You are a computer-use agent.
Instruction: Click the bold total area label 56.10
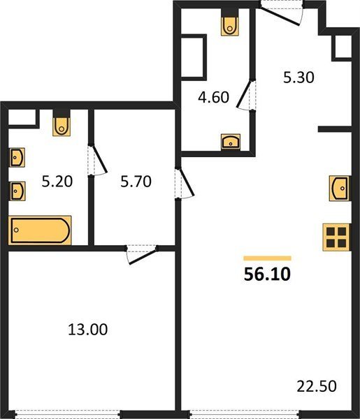(x=267, y=274)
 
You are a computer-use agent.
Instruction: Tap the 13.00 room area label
(x=87, y=329)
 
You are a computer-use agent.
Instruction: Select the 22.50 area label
(x=317, y=386)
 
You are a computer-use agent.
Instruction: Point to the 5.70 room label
(x=136, y=181)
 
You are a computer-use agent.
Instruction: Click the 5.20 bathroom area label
(x=57, y=181)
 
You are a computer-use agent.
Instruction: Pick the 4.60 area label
(x=213, y=97)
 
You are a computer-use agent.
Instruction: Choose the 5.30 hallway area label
(x=298, y=78)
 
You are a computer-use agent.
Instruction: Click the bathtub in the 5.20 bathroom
(x=40, y=230)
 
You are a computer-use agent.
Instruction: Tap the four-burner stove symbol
(x=336, y=237)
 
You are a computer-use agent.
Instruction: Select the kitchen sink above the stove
(x=340, y=188)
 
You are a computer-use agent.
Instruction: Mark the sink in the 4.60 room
(x=231, y=142)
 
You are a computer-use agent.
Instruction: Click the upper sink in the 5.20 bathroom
(x=17, y=157)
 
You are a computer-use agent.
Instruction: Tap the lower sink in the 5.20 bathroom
(x=17, y=191)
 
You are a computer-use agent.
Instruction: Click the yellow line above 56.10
(x=267, y=258)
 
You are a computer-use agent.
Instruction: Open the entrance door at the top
(x=282, y=15)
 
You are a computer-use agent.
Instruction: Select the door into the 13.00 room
(x=142, y=255)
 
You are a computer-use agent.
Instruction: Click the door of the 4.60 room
(x=245, y=95)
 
